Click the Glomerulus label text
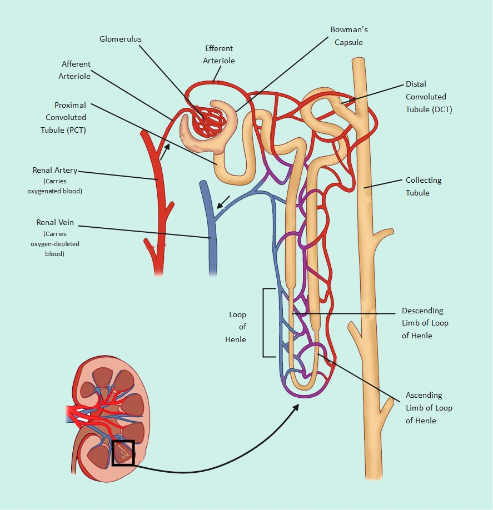coord(120,39)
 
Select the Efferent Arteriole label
coord(220,54)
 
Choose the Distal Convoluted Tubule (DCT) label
coord(429,97)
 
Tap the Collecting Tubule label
coord(424,186)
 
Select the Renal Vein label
coord(54,223)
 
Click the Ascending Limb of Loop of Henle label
coord(429,408)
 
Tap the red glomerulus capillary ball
coord(209,118)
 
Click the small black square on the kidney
coord(123,452)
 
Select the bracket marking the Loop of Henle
coord(265,322)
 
